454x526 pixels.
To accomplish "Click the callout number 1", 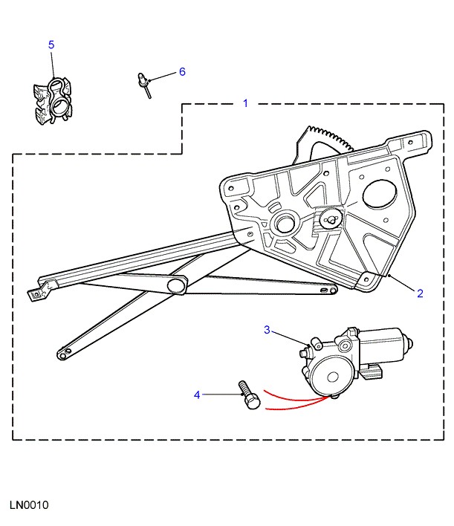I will click(x=246, y=103).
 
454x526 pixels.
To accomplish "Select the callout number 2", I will click(x=420, y=293).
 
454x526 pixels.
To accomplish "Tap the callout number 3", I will click(x=268, y=330).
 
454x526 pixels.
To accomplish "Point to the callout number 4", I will click(x=197, y=394).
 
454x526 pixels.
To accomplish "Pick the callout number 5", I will click(x=51, y=45).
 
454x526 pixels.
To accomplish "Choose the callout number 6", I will click(x=181, y=72).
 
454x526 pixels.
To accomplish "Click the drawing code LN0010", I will click(x=29, y=505).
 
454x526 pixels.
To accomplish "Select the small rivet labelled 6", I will click(x=144, y=82).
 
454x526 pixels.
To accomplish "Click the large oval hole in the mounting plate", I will click(x=380, y=195).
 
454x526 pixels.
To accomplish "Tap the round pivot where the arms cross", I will click(x=177, y=285).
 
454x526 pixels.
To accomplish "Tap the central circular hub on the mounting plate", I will click(x=285, y=224).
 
